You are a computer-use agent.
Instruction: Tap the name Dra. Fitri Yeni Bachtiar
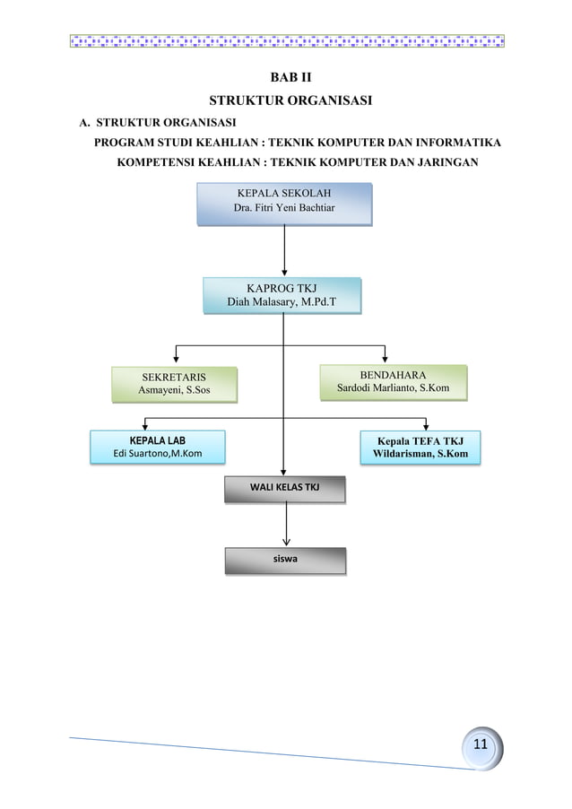click(x=283, y=209)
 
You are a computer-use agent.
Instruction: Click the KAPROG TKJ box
click(x=282, y=295)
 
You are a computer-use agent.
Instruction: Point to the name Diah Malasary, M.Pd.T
click(x=282, y=303)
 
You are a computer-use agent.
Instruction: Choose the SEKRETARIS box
click(x=174, y=384)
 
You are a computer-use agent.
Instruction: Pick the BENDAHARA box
click(x=393, y=381)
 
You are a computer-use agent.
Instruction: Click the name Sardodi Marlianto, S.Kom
click(x=393, y=388)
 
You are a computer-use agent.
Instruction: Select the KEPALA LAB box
click(x=158, y=447)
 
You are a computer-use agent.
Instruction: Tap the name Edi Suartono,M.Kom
click(x=158, y=455)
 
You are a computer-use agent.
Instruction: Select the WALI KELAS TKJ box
click(x=284, y=488)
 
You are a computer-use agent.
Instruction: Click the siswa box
click(x=284, y=560)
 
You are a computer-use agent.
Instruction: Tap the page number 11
click(x=481, y=746)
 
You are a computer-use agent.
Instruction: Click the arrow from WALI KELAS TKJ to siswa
click(x=286, y=523)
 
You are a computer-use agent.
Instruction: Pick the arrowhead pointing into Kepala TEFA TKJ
click(x=425, y=426)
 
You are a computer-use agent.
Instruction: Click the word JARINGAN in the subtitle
click(x=445, y=162)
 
